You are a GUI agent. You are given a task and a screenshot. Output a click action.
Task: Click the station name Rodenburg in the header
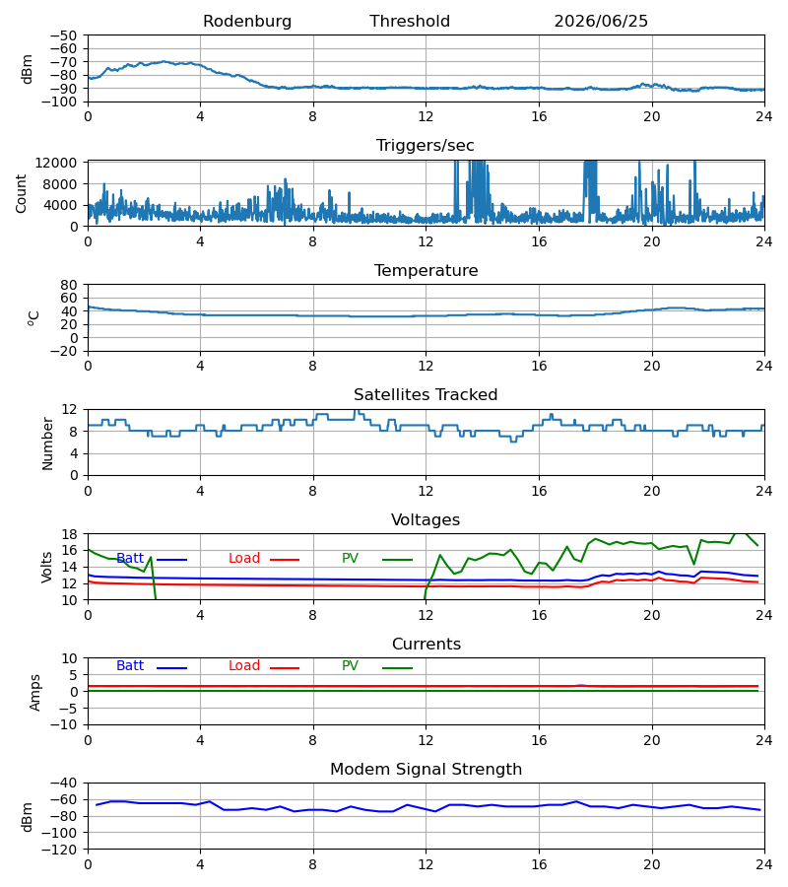(x=247, y=21)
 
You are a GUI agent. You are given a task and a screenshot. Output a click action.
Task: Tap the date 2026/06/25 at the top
(x=601, y=21)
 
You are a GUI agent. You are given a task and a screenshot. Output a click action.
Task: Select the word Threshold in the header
(x=410, y=21)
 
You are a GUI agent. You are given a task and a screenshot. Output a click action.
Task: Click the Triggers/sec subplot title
(x=426, y=146)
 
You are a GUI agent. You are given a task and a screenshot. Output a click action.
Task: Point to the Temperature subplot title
(x=426, y=270)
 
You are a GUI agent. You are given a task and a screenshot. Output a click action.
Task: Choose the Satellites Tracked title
(x=426, y=395)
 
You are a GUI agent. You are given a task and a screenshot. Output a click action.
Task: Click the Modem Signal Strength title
(x=426, y=770)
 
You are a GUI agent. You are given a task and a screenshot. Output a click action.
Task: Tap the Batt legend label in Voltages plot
(x=130, y=559)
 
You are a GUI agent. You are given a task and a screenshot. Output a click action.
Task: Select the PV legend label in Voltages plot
(x=350, y=559)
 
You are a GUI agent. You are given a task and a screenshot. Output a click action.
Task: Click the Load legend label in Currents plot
(x=244, y=666)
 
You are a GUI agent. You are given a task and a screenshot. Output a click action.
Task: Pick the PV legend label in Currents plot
(x=350, y=666)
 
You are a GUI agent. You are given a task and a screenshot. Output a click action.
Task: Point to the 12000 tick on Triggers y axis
(x=56, y=163)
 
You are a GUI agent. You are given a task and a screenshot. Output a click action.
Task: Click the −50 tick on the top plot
(x=63, y=35)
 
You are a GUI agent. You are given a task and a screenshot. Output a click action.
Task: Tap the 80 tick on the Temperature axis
(x=69, y=285)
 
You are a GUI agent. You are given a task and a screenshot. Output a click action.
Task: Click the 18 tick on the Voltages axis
(x=69, y=534)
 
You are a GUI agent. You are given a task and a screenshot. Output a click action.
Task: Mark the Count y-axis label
(x=21, y=193)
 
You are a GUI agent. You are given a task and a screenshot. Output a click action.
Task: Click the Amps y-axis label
(x=35, y=692)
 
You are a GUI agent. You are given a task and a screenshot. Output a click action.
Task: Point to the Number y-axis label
(x=47, y=443)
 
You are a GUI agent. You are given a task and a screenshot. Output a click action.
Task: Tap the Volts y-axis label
(x=46, y=567)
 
